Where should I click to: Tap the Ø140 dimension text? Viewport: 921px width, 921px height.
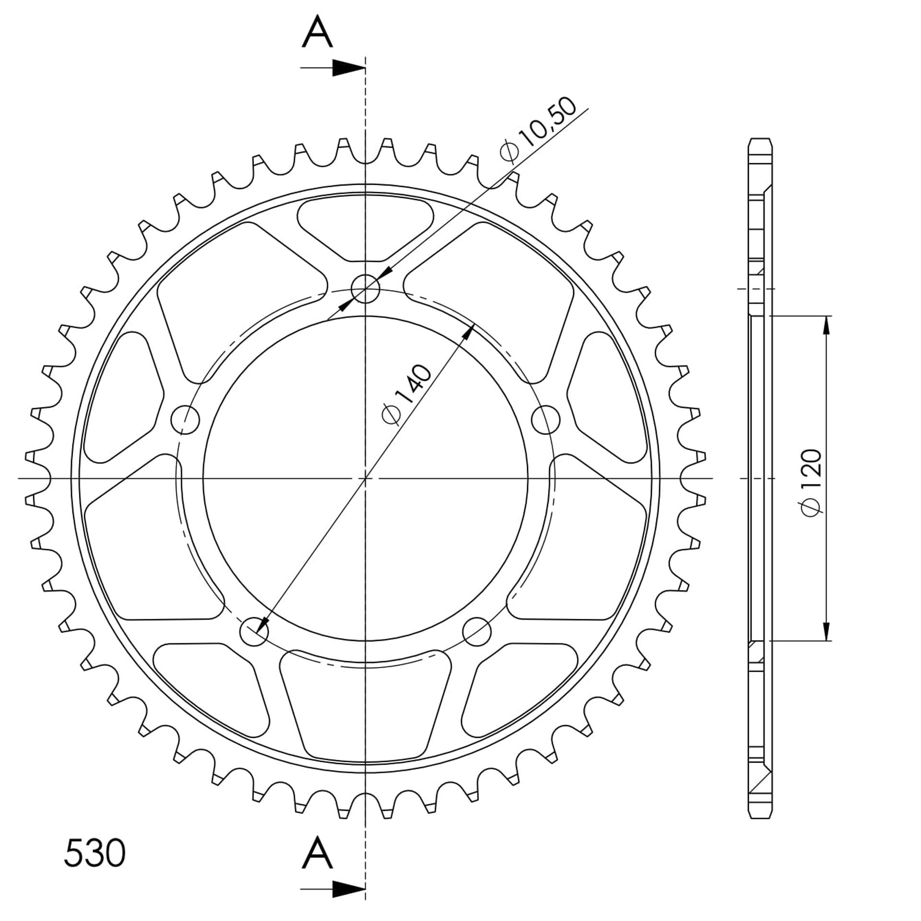click(406, 395)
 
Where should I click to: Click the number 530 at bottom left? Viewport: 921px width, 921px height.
click(95, 853)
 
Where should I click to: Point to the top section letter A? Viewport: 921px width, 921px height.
click(318, 32)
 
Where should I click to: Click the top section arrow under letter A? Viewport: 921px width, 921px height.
click(333, 68)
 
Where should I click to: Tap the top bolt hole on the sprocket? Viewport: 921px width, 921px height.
click(366, 289)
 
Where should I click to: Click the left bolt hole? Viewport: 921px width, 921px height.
click(185, 420)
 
